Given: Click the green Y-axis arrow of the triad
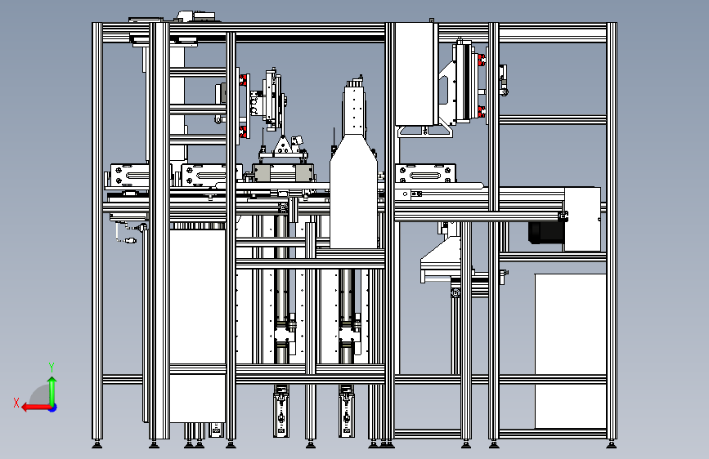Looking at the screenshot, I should point(52,388).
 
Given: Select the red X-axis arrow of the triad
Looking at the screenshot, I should point(33,407).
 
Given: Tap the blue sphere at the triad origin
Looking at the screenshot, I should point(52,407).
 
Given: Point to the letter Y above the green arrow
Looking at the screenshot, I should point(52,367).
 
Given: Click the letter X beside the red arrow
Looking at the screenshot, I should point(16,402).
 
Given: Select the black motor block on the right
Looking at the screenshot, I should point(545,233).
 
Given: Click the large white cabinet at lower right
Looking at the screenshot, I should point(570,350).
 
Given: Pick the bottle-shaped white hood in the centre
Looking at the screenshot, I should point(353,192).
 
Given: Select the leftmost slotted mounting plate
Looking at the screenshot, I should point(128,175).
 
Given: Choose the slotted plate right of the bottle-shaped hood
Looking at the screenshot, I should point(424,174).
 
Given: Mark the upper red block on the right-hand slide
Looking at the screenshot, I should point(481,60).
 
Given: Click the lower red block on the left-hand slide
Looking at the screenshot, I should point(243,130).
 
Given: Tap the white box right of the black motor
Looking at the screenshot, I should point(581,219).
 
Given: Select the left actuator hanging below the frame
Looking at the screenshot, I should point(280,412).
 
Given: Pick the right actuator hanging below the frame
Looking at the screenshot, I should point(347,412).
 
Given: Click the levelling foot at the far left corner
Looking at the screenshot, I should point(97,444).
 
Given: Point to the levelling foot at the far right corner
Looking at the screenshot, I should point(611,444).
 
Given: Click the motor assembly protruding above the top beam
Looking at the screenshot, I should point(195,19).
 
